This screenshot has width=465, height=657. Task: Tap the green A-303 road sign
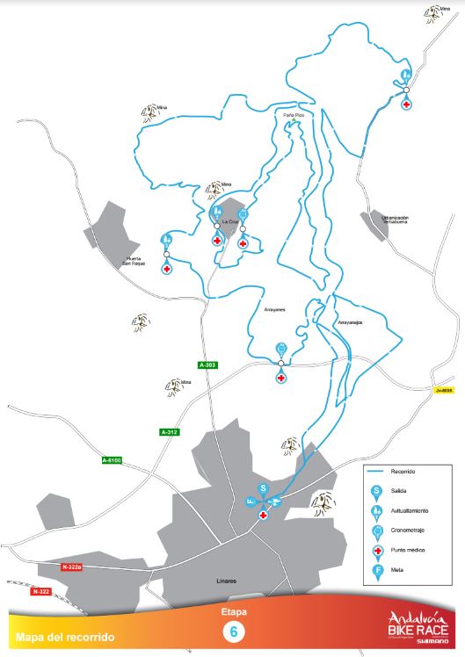click(x=207, y=365)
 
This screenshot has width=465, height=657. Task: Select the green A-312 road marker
click(x=169, y=431)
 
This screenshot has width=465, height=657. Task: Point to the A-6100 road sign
click(x=113, y=460)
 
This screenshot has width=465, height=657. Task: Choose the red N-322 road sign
click(x=40, y=592)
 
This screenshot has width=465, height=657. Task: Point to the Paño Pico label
click(x=294, y=115)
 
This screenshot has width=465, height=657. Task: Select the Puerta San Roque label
click(x=134, y=261)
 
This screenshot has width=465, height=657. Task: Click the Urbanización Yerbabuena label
click(x=389, y=220)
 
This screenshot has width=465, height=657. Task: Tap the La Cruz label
click(x=230, y=221)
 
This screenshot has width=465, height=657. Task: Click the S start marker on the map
click(x=262, y=488)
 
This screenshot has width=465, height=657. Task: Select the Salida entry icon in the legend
click(x=376, y=490)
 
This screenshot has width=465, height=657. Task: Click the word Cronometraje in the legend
click(x=409, y=530)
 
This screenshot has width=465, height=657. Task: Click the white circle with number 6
click(x=234, y=632)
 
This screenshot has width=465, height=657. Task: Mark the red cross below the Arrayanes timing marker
click(x=280, y=378)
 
